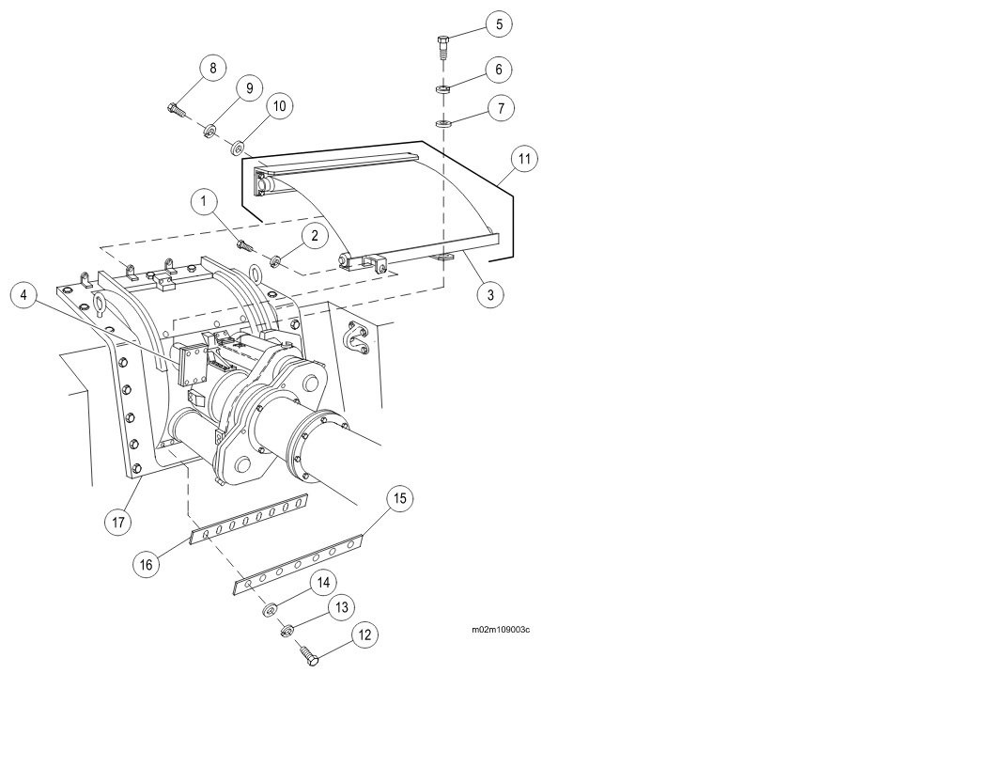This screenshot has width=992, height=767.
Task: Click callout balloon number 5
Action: [x=498, y=23]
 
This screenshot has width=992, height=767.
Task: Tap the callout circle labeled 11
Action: [x=524, y=159]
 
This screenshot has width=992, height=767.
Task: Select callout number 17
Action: [x=117, y=522]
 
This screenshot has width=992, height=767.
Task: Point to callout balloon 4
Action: [x=24, y=296]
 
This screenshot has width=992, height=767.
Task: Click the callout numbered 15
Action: [x=399, y=498]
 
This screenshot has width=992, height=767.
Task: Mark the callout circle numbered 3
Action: [x=488, y=294]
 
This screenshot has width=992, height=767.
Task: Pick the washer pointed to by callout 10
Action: [x=239, y=147]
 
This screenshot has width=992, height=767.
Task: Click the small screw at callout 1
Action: [x=246, y=246]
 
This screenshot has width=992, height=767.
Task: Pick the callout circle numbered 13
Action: [x=342, y=608]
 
